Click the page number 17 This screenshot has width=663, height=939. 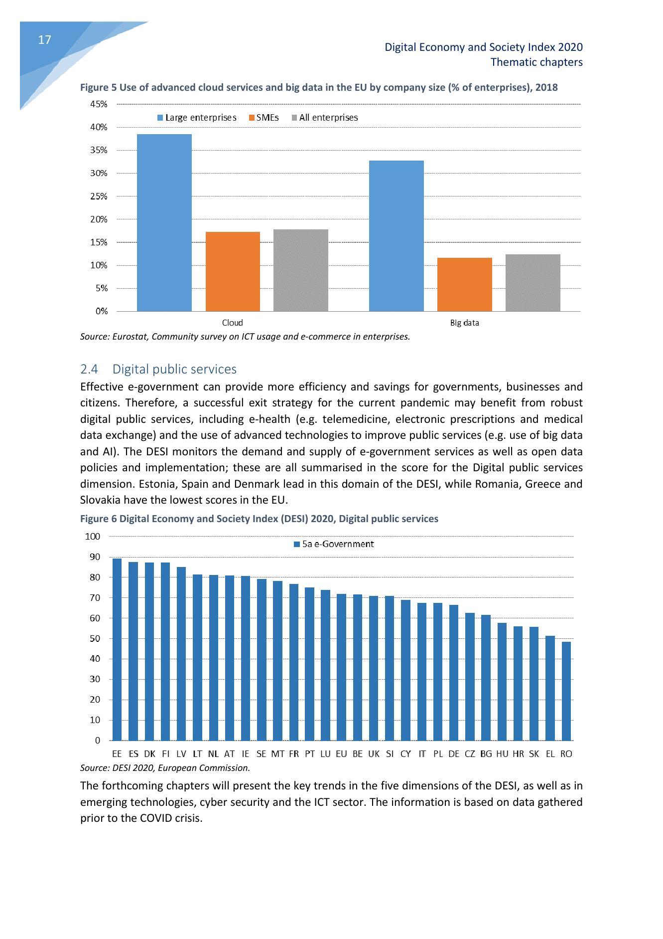coord(44,40)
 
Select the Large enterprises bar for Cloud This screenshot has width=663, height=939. coord(164,222)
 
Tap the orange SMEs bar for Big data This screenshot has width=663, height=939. coord(464,284)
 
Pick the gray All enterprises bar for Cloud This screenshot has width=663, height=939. coord(300,270)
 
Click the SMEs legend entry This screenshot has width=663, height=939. coord(264,118)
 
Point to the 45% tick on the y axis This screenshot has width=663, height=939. coord(99,104)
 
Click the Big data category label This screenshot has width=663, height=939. coord(464,323)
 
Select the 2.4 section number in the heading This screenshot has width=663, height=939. coord(89,369)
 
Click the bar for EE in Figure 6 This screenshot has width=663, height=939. coord(117,649)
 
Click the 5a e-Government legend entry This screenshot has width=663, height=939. coord(334,544)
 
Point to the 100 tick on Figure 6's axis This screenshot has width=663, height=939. coord(93,537)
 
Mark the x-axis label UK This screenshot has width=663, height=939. coord(374,754)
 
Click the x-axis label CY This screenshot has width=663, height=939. coord(405,754)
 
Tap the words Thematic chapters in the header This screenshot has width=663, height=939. coord(536,62)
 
